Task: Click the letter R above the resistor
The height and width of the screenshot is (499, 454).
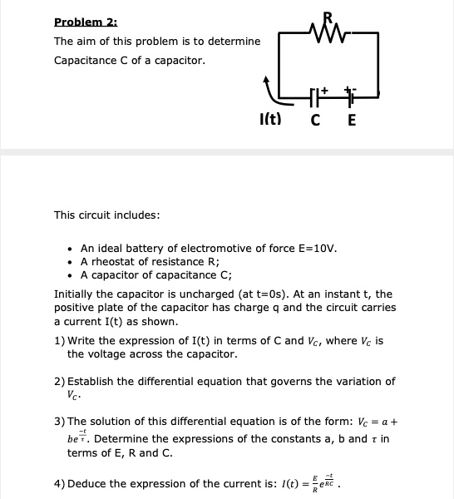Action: [x=324, y=17]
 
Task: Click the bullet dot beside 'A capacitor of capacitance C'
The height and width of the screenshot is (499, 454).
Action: [x=72, y=277]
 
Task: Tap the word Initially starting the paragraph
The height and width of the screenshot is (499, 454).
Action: [x=75, y=294]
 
